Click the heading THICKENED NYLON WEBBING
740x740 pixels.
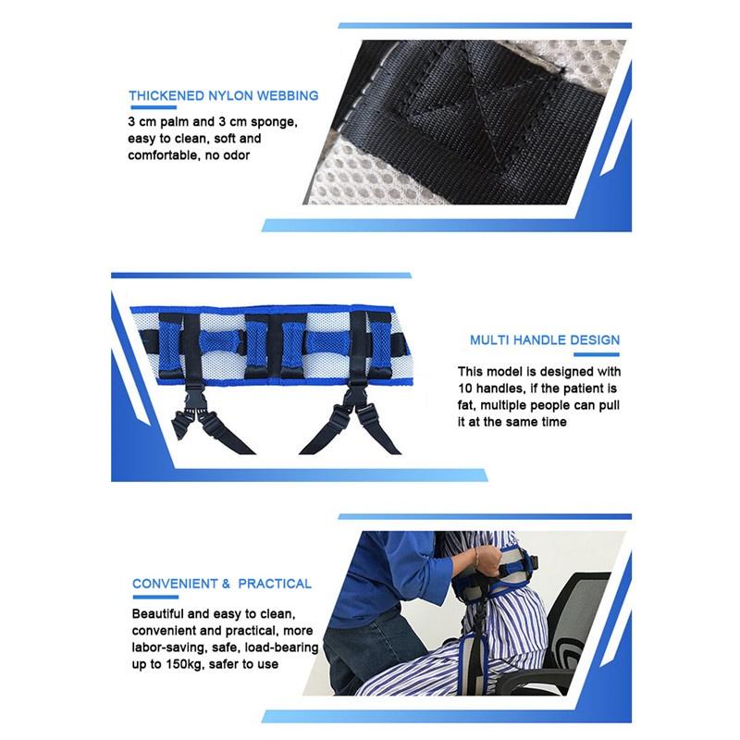tap(223, 95)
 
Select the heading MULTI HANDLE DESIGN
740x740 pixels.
tap(545, 339)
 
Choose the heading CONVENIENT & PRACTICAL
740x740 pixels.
tap(222, 584)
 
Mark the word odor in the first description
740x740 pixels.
tap(235, 155)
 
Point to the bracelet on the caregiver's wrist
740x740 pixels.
tap(475, 559)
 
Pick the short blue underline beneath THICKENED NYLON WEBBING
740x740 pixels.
tap(153, 107)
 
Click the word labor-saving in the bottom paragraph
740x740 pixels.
tap(172, 647)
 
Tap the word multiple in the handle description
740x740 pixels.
tap(511, 405)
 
